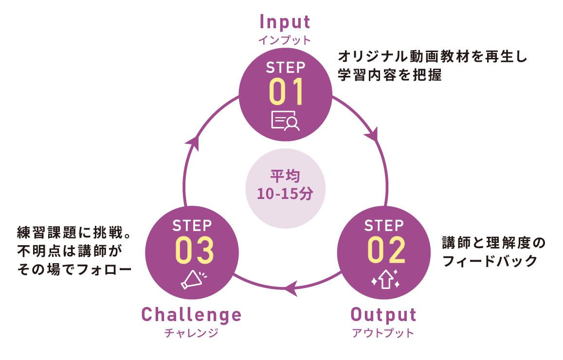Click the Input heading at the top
coord(285,22)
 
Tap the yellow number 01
coord(286,91)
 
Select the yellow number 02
coord(386,250)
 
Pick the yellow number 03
coord(194,250)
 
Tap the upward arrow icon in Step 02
coord(385,280)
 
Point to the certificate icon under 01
coord(285,121)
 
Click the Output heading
coord(383,315)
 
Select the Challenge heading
coord(191,315)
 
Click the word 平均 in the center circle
coord(284,175)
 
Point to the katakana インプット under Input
coord(284,40)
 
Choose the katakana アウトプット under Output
coord(383,333)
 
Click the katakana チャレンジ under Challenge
coord(191,333)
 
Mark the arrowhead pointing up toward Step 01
coord(194,141)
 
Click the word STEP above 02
coord(384,226)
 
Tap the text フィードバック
coord(490,261)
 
